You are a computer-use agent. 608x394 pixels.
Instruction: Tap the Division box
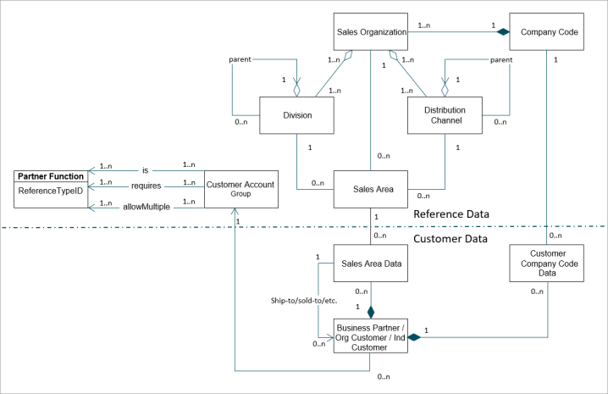tap(296, 115)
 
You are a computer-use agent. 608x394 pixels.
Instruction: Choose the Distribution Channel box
tap(445, 115)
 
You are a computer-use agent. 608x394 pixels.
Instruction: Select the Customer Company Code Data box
tap(548, 263)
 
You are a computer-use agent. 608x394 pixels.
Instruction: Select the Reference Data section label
tap(451, 214)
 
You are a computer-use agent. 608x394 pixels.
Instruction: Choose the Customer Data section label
tap(450, 239)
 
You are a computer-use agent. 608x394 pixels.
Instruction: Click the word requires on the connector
tap(146, 185)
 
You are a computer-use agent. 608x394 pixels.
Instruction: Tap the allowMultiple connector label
tap(146, 206)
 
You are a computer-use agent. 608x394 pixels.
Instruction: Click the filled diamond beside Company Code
tap(503, 31)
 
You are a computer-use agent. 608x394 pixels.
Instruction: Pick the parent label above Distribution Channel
tap(501, 59)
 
